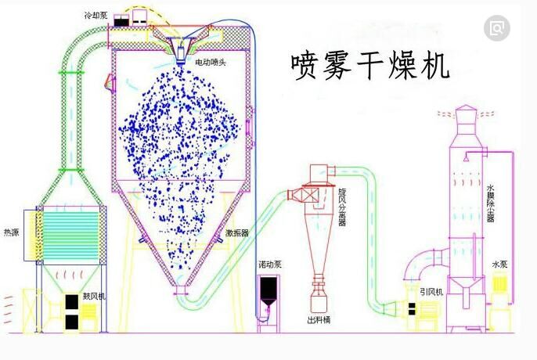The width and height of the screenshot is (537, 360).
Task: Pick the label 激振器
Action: click(x=237, y=232)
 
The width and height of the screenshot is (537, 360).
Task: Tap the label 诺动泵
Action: click(x=270, y=265)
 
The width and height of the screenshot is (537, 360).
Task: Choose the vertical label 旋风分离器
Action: click(x=342, y=205)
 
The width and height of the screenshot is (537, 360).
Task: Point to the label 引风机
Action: click(x=431, y=292)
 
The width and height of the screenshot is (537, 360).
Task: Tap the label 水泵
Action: click(x=502, y=265)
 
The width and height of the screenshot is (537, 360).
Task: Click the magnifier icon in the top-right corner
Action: click(x=496, y=29)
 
